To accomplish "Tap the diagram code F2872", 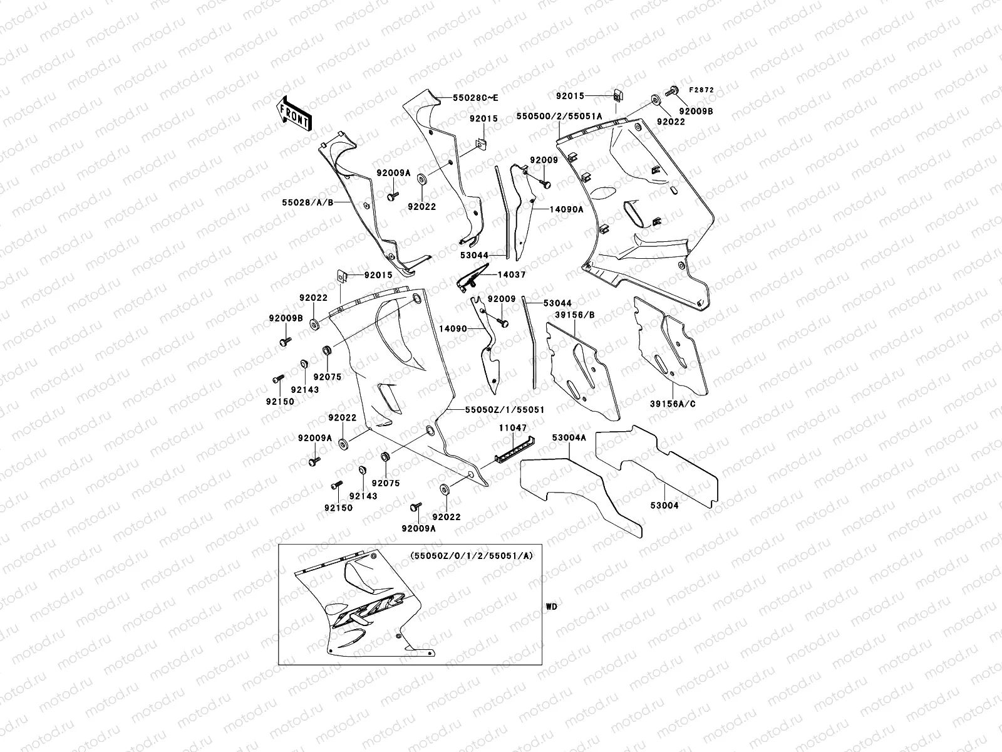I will coord(702,90).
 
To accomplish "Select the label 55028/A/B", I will coord(307,203).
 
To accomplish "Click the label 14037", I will coord(512,274).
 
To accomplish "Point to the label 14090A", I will coord(567,209).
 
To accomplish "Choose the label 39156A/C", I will coord(673,404).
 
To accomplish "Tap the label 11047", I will coord(513,427).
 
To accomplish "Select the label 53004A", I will coord(569,437).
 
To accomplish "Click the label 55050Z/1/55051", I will coord(505,409).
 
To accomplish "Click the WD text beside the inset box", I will coord(551,607).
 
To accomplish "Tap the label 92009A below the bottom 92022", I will coord(419,528).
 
